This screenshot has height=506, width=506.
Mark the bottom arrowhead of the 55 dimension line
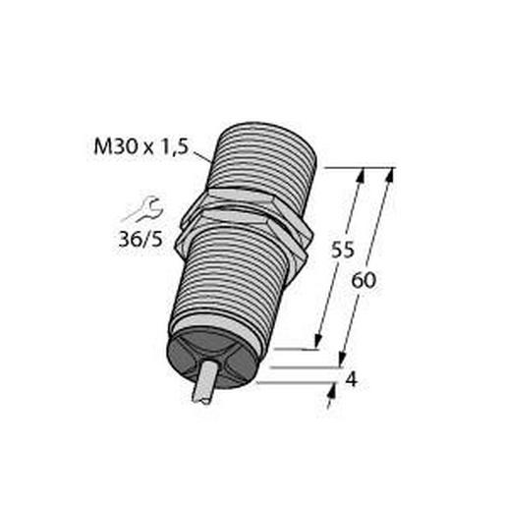317,341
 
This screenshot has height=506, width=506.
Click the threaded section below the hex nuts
236,285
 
